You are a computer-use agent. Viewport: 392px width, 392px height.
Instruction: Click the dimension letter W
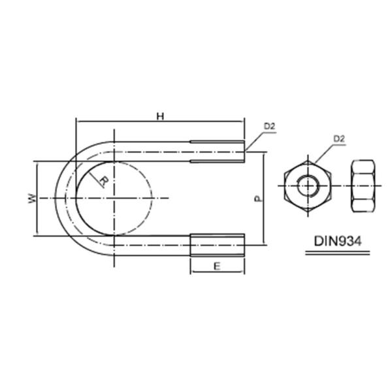(x=31, y=197)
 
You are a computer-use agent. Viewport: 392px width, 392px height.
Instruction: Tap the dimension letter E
(x=216, y=266)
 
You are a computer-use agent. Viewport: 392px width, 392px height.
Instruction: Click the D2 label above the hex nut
(x=338, y=139)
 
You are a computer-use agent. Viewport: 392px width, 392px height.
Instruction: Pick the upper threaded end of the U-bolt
(x=218, y=151)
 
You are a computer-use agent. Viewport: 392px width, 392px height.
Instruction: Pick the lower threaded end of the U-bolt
(x=218, y=245)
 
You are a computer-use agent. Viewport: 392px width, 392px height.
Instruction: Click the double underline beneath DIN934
(x=333, y=252)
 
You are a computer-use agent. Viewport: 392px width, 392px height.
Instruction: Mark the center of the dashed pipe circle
(x=114, y=197)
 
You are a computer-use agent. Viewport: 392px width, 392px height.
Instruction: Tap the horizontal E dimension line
(x=217, y=272)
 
